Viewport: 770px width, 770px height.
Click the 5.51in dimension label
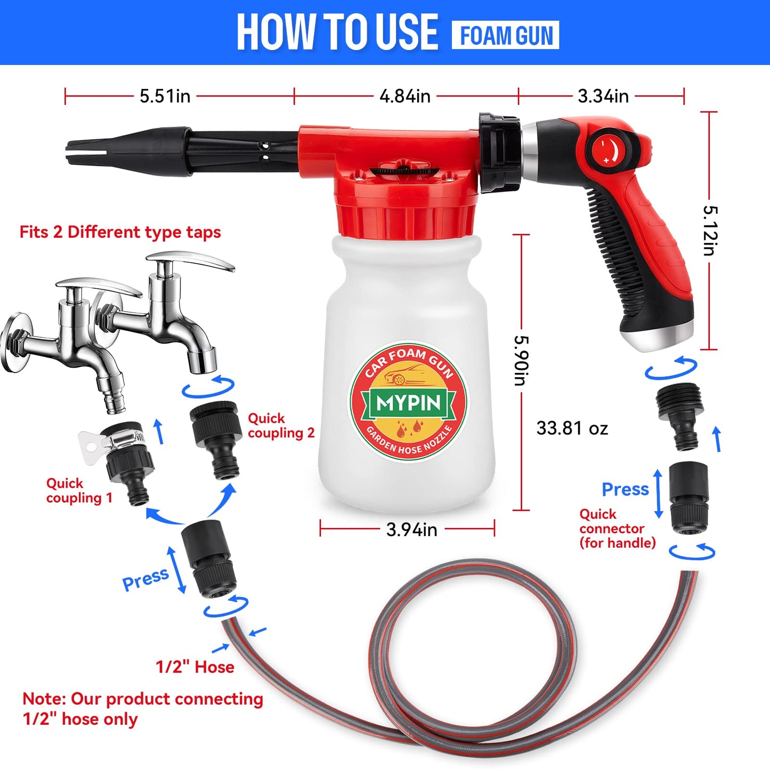pyautogui.click(x=165, y=96)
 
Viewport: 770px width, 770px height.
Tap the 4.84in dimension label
pyautogui.click(x=405, y=96)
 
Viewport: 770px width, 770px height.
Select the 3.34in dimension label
pyautogui.click(x=603, y=96)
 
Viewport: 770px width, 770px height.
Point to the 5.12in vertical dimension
pyautogui.click(x=709, y=230)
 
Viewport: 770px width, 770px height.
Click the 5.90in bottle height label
pyautogui.click(x=521, y=360)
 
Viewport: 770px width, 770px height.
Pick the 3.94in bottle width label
pyautogui.click(x=411, y=530)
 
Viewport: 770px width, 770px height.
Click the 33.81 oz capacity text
pyautogui.click(x=572, y=428)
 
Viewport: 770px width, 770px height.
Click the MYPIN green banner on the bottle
pyautogui.click(x=408, y=403)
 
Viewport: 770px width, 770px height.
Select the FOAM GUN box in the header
pyautogui.click(x=505, y=36)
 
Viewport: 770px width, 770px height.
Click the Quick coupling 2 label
pyautogui.click(x=281, y=426)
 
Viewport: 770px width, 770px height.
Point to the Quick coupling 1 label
pyautogui.click(x=79, y=491)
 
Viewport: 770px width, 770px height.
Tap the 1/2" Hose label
pyautogui.click(x=194, y=667)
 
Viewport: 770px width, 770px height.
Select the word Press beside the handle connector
pyautogui.click(x=625, y=489)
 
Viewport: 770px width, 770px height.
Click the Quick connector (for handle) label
pyautogui.click(x=617, y=529)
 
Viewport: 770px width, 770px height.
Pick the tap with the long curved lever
pyautogui.click(x=176, y=309)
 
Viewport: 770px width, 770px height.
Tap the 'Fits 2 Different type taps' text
pyautogui.click(x=120, y=232)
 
